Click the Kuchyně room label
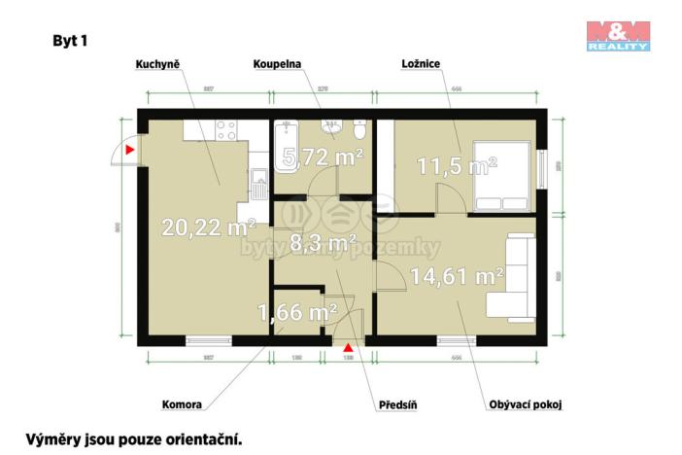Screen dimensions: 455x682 (x=157, y=64)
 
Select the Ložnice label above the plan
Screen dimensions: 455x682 (x=423, y=64)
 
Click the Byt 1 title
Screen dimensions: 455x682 (x=71, y=41)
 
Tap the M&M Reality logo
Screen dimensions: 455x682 (x=617, y=35)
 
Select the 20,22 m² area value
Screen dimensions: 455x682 (x=208, y=228)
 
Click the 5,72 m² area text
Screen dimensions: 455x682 (x=322, y=156)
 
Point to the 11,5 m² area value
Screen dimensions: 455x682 (x=457, y=166)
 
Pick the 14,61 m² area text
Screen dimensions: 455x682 (x=457, y=276)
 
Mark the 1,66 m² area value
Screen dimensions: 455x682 (x=296, y=313)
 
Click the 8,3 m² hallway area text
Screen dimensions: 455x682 (x=323, y=243)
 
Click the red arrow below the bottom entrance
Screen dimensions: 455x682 (x=349, y=346)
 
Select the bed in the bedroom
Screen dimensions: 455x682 (x=502, y=175)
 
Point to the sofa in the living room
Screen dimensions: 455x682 (x=512, y=278)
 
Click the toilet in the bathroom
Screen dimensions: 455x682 (x=360, y=133)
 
